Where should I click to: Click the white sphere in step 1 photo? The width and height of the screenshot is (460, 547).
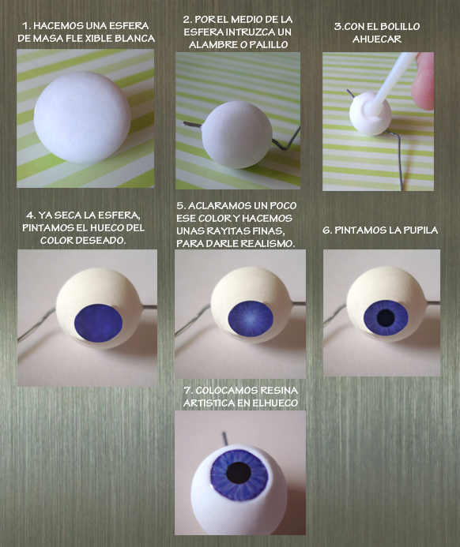pyautogui.click(x=82, y=118)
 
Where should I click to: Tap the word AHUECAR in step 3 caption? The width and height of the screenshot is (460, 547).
pyautogui.click(x=377, y=39)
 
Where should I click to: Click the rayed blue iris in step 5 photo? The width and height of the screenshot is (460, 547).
pyautogui.click(x=250, y=318)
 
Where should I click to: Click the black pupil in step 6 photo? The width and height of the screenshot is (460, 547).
pyautogui.click(x=386, y=317)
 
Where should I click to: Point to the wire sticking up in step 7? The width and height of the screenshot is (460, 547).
pyautogui.click(x=225, y=439)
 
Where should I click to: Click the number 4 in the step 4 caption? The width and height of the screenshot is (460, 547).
pyautogui.click(x=29, y=215)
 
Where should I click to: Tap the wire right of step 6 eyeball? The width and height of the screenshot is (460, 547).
pyautogui.click(x=432, y=302)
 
